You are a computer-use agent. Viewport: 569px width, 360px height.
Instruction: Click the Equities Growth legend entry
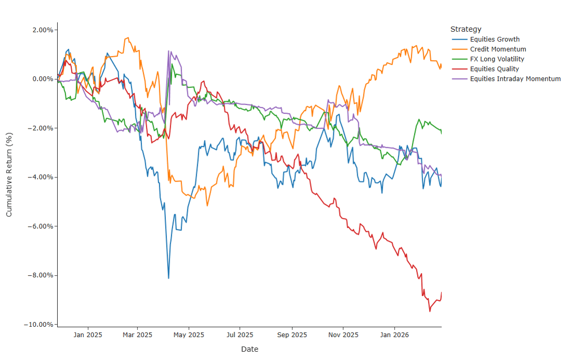[x=494, y=39]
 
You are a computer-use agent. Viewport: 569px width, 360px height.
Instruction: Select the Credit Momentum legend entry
[x=498, y=49]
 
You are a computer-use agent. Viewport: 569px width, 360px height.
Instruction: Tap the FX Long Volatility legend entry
[x=497, y=59]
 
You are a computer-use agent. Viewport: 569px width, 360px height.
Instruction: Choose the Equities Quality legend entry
[x=494, y=69]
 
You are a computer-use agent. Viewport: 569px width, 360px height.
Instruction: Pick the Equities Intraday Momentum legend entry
[x=515, y=79]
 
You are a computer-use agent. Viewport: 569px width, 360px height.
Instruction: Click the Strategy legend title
[x=465, y=29]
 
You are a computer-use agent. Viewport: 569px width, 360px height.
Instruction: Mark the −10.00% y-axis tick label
[x=39, y=325]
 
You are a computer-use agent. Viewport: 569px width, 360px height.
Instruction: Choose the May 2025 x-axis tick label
[x=189, y=335]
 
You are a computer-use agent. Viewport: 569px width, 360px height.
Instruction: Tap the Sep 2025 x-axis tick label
[x=292, y=335]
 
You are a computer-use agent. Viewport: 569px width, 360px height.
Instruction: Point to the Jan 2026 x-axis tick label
[x=394, y=335]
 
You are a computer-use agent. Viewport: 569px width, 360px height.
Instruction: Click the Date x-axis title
[x=249, y=349]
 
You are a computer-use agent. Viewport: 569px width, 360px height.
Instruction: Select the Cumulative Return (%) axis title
[x=9, y=174]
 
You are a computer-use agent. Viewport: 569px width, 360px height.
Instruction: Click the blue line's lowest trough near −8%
[x=169, y=278]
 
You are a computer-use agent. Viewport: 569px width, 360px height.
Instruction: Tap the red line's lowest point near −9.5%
[x=430, y=311]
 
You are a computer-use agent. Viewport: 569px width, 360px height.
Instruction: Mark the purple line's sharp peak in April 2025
[x=169, y=51]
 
